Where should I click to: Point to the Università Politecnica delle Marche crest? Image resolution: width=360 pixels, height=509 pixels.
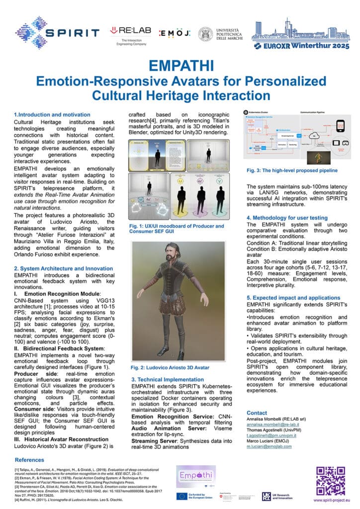[x=205, y=34]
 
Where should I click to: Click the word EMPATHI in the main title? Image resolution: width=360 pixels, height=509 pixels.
[x=180, y=66]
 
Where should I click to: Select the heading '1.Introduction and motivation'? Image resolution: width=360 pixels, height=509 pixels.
[x=52, y=115]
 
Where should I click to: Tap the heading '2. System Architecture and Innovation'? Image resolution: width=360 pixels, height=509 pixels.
[x=63, y=268]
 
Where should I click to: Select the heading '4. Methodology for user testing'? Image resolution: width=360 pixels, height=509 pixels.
[x=287, y=218]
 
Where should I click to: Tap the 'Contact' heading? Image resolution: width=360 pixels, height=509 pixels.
[x=257, y=413]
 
